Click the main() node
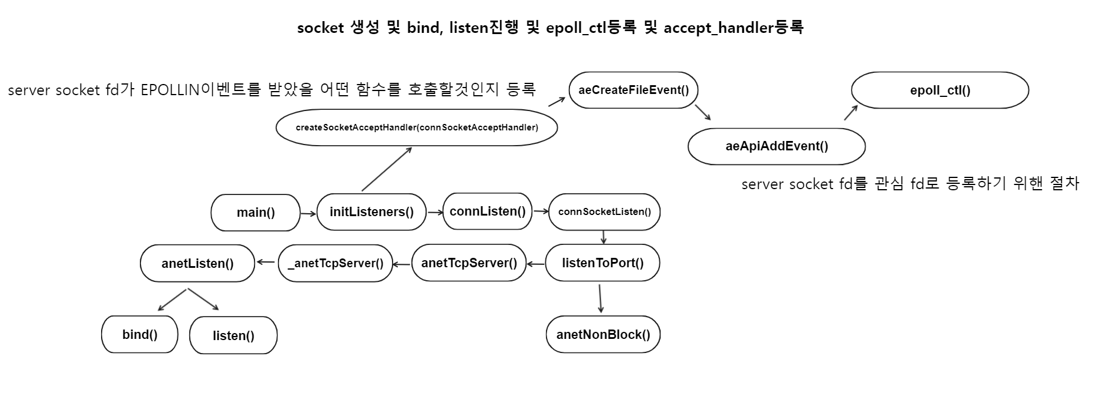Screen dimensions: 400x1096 [256, 213]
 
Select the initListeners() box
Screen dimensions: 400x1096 [371, 212]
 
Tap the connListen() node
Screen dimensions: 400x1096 [487, 211]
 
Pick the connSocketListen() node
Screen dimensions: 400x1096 [604, 212]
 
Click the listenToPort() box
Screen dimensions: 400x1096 [602, 263]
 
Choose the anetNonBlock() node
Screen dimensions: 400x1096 [603, 335]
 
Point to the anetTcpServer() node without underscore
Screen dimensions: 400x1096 [469, 263]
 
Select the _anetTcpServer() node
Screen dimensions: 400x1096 [335, 263]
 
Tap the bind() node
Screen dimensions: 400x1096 [140, 335]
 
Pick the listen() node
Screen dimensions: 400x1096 [233, 336]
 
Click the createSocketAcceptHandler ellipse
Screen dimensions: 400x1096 [417, 127]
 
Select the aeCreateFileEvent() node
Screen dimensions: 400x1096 [634, 90]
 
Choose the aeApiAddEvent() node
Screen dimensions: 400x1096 [776, 146]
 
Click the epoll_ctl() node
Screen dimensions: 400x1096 [940, 90]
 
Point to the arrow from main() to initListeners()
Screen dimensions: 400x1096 [308, 214]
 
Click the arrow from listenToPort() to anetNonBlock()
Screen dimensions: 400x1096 [600, 298]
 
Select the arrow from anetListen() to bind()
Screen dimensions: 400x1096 [172, 300]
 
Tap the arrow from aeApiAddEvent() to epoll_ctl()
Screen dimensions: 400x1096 [850, 113]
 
